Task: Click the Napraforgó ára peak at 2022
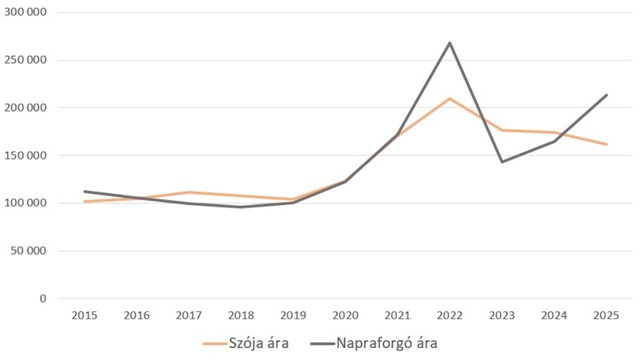click(450, 42)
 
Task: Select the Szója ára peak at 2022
click(450, 98)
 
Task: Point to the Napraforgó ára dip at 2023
click(502, 162)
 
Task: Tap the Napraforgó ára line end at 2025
click(607, 95)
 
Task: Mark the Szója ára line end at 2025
click(607, 144)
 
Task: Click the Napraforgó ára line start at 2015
click(84, 192)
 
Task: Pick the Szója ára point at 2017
click(189, 192)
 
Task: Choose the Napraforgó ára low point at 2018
click(240, 208)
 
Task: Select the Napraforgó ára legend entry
click(387, 344)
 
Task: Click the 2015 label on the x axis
click(84, 315)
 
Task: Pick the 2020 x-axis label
click(345, 315)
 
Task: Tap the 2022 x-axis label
click(450, 315)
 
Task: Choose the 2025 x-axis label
click(607, 315)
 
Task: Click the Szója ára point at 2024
click(554, 133)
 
